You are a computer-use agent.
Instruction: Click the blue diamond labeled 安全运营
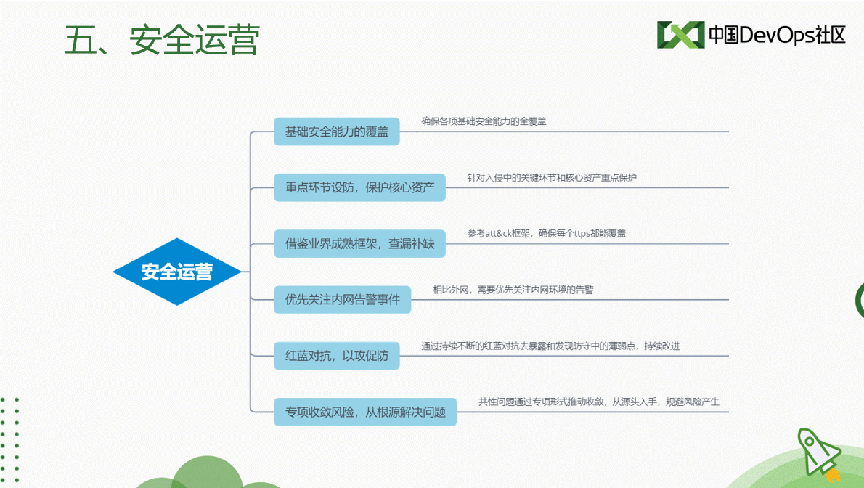pos(177,272)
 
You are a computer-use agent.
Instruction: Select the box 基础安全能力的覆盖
pos(337,131)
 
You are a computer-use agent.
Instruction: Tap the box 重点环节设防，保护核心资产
pos(360,187)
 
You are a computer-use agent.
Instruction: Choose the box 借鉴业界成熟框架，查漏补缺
pos(360,244)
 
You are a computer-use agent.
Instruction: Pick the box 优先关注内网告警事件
pos(342,299)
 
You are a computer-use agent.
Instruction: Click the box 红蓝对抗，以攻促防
pos(337,356)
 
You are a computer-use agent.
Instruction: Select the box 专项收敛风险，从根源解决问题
pos(365,412)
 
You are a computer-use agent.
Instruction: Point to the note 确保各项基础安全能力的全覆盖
pos(484,121)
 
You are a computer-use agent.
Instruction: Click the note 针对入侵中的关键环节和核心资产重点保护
pos(552,178)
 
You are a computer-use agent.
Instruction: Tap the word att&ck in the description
pos(499,234)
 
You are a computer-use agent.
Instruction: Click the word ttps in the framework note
pos(582,234)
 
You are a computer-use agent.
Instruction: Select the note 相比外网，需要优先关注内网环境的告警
pos(513,290)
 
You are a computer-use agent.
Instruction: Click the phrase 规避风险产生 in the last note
pos(693,402)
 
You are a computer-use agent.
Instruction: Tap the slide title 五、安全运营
pos(162,40)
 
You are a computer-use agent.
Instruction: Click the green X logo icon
pos(680,35)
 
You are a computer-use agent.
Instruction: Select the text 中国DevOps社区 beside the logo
pos(777,35)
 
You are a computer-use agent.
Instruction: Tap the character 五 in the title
pos(81,40)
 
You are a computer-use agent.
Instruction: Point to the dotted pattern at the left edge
pos(9,439)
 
